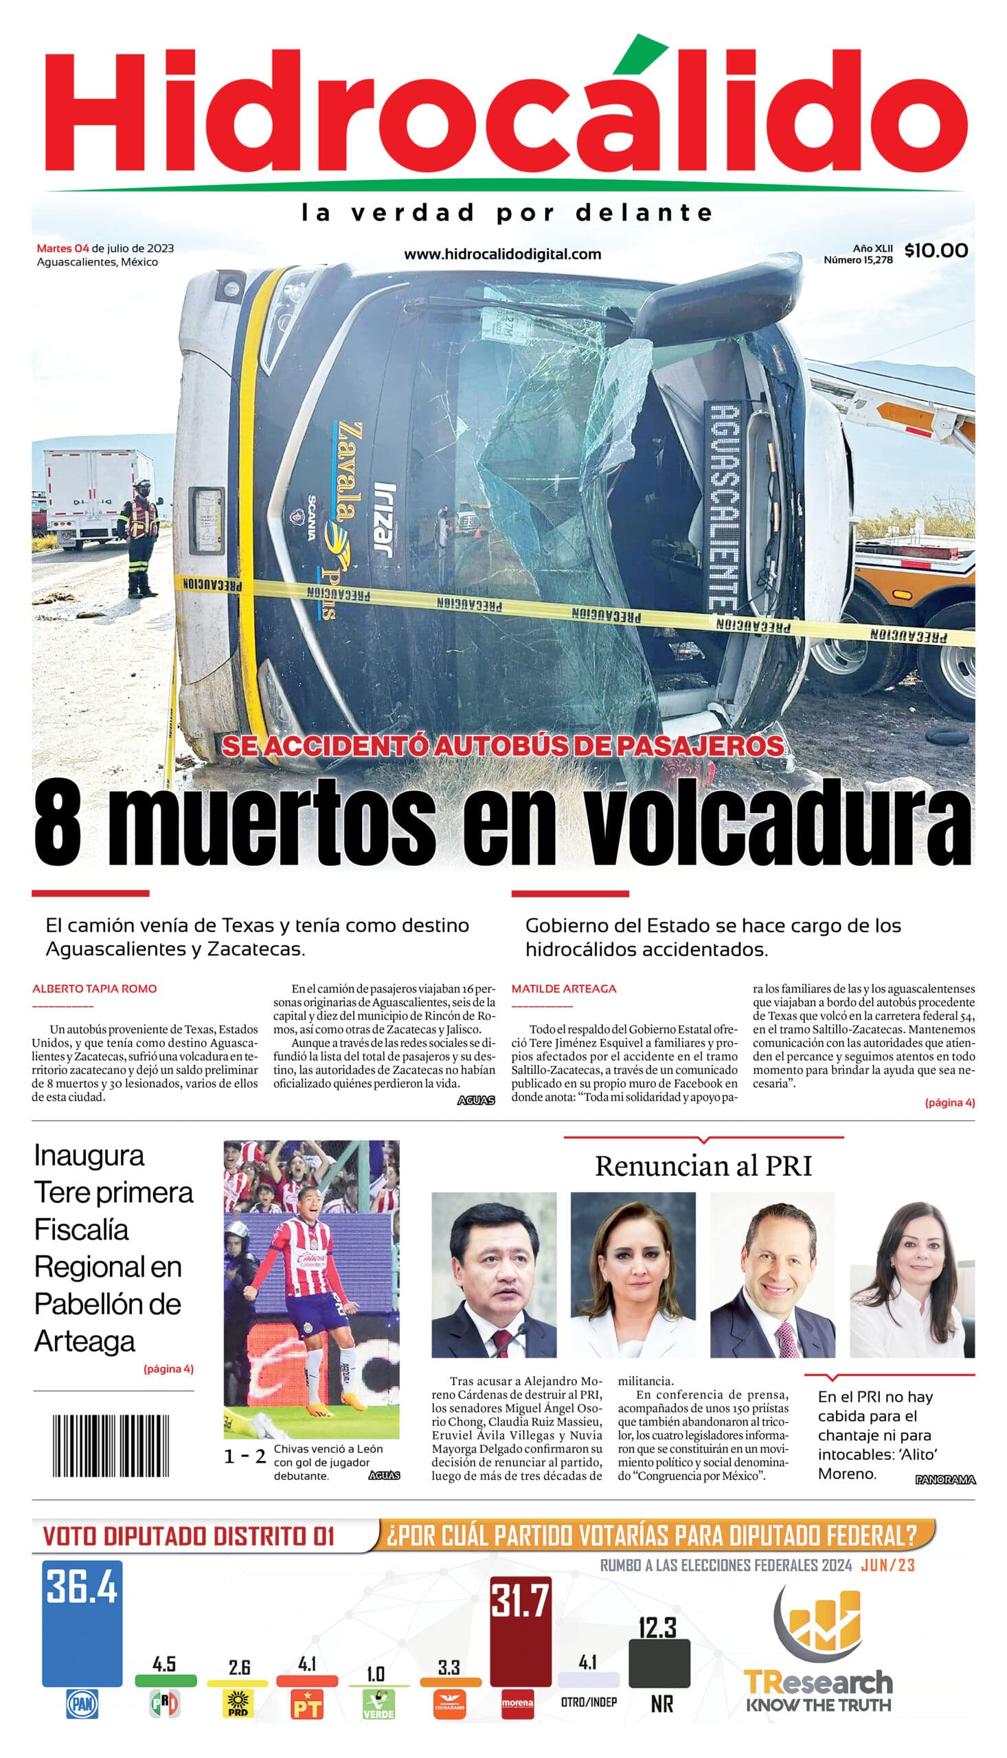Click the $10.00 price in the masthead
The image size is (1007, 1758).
pos(936,250)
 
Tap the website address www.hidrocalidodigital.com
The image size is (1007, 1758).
pos(502,253)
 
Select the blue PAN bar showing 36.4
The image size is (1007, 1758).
pos(82,1623)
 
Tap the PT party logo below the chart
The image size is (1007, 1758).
pos(307,1704)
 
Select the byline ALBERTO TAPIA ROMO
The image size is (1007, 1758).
pos(94,989)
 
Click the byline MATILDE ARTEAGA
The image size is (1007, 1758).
pos(564,989)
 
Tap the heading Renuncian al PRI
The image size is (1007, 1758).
pos(703,1166)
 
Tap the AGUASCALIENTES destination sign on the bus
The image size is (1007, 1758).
pos(723,505)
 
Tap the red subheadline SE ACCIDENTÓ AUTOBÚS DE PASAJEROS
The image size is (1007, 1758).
pos(503,745)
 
